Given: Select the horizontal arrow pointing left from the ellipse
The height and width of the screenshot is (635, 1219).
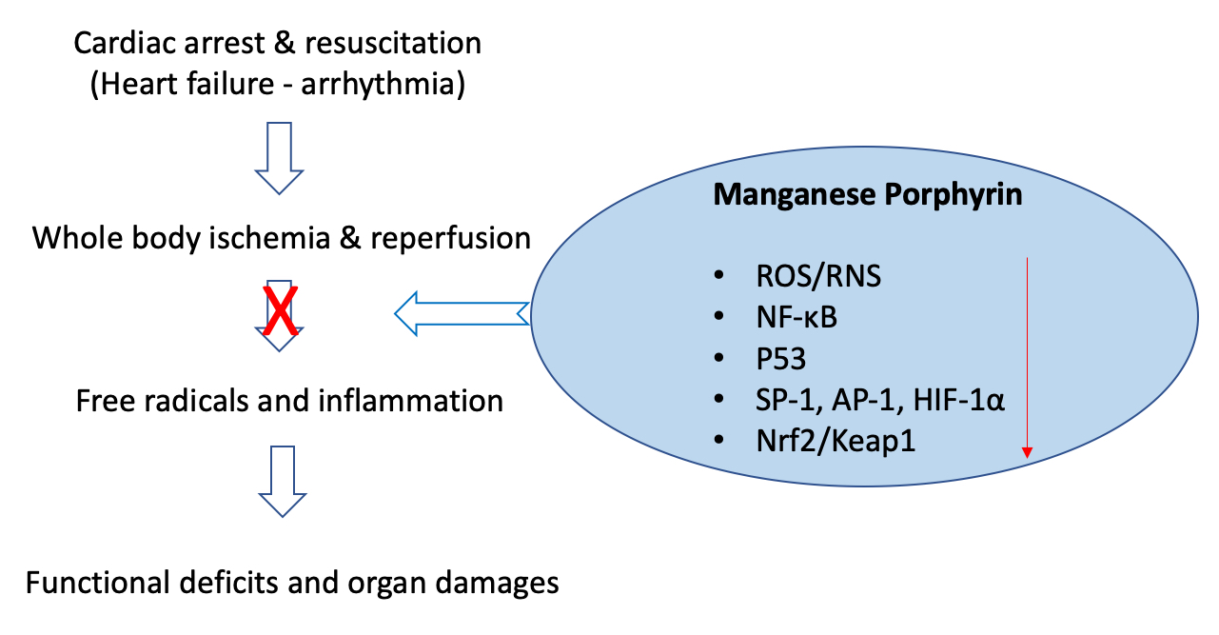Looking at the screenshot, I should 461,313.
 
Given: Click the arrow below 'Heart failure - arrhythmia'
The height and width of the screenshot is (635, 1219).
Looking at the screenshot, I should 278,157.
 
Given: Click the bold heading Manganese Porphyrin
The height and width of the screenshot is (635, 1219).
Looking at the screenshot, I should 868,195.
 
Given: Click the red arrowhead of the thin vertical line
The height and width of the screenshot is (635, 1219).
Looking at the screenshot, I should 1028,454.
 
